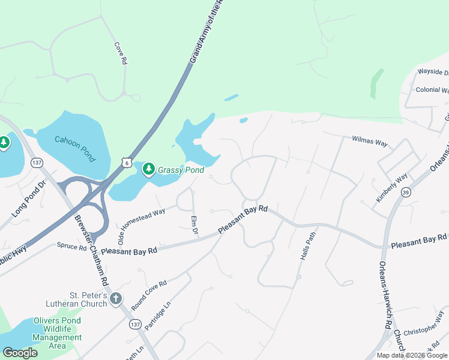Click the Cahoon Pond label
pyautogui.click(x=75, y=148)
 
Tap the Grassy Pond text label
pyautogui.click(x=181, y=170)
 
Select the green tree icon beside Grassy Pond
pyautogui.click(x=148, y=170)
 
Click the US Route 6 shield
pyautogui.click(x=125, y=163)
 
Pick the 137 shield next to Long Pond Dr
pyautogui.click(x=37, y=163)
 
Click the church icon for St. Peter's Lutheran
pyautogui.click(x=116, y=298)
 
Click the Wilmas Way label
pyautogui.click(x=369, y=142)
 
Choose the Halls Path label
pyautogui.click(x=307, y=245)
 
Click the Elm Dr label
pyautogui.click(x=194, y=226)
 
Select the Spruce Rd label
pyautogui.click(x=72, y=247)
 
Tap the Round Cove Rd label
pyautogui.click(x=149, y=294)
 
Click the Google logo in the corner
pyautogui.click(x=20, y=353)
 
